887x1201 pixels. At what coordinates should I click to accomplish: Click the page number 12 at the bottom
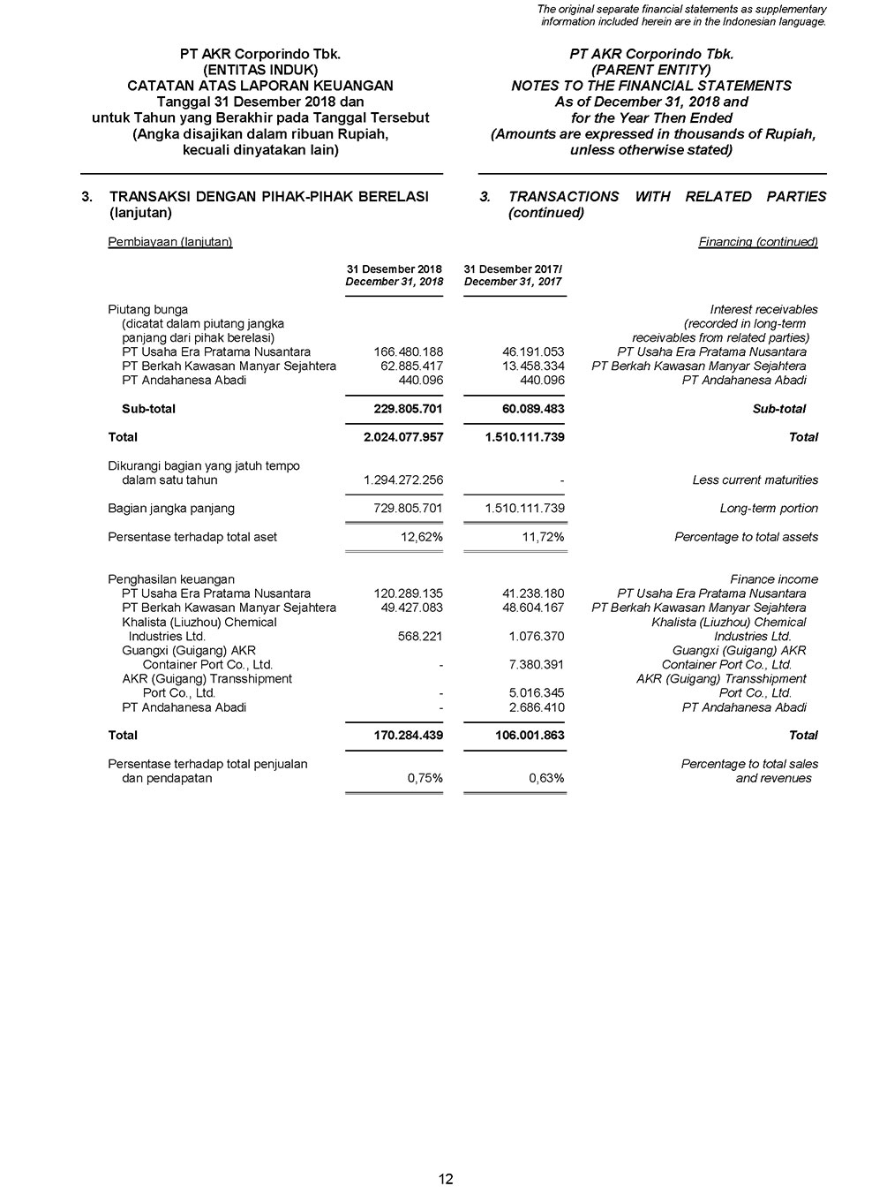[x=446, y=1179]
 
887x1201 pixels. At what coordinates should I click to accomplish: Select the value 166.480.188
[x=409, y=352]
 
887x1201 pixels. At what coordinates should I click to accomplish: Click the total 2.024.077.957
[x=403, y=437]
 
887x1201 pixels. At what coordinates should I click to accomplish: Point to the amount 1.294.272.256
[x=403, y=480]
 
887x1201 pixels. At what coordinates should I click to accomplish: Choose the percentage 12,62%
[x=422, y=537]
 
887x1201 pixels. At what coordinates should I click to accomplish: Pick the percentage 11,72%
[x=543, y=537]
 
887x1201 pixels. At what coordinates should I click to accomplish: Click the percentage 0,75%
[x=425, y=779]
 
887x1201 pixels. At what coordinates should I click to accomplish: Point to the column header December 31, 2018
[x=394, y=282]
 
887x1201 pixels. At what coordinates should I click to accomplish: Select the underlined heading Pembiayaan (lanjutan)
[x=170, y=242]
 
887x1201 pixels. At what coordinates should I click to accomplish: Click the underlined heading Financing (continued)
[x=758, y=242]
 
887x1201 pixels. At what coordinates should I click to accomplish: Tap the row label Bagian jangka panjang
[x=171, y=509]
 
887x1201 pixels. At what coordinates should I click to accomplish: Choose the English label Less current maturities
[x=755, y=480]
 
